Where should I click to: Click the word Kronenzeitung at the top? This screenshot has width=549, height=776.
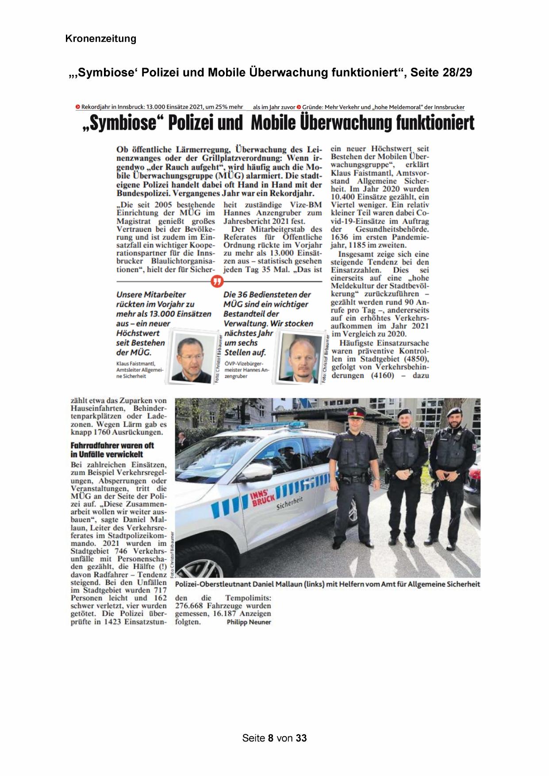(x=100, y=38)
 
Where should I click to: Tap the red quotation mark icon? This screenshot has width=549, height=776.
(x=217, y=281)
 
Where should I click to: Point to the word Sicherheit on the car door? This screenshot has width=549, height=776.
(x=290, y=503)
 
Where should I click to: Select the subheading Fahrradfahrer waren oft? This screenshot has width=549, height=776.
(x=112, y=446)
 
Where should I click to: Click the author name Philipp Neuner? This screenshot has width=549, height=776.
(x=249, y=622)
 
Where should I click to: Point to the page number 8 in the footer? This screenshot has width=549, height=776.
(x=271, y=738)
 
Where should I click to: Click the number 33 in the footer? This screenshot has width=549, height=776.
(x=301, y=738)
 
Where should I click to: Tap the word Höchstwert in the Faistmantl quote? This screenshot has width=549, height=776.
(x=138, y=333)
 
